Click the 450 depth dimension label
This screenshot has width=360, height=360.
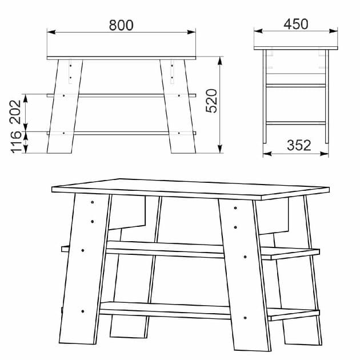[x=295, y=23]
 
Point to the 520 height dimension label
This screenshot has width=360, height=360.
[x=211, y=101]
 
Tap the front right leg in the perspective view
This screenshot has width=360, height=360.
[x=243, y=274]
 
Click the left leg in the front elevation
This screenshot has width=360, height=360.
[x=63, y=109]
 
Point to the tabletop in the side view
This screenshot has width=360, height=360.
[x=295, y=48]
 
